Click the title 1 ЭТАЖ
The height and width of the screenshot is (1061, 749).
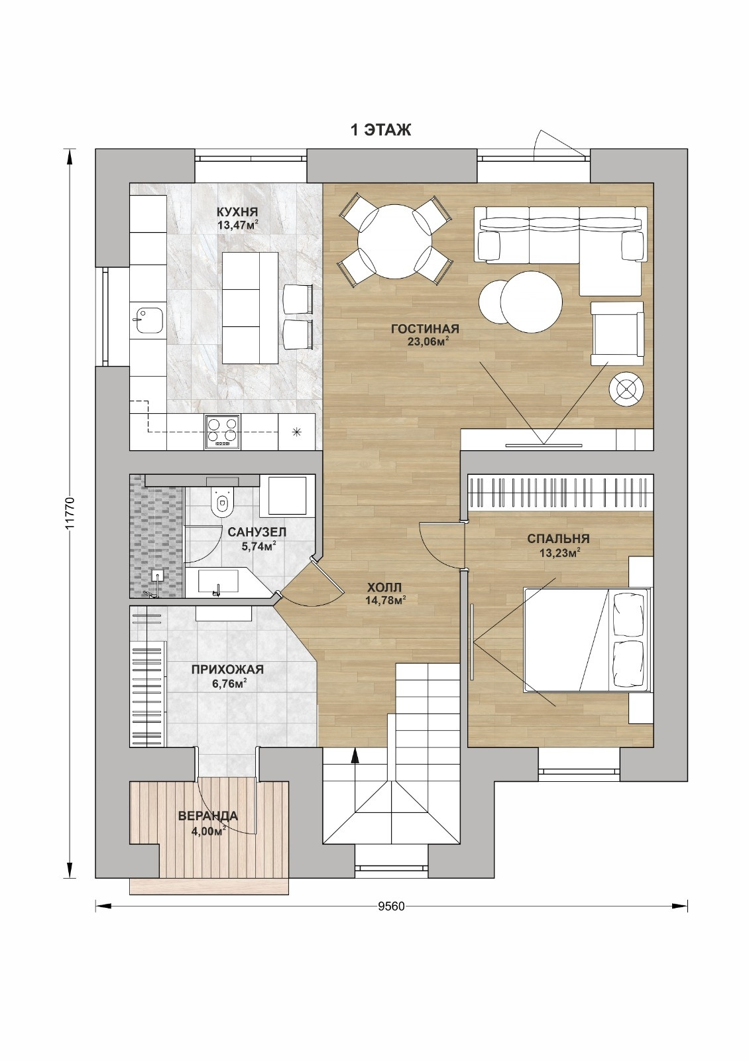click(x=380, y=130)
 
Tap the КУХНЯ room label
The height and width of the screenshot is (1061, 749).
click(x=237, y=212)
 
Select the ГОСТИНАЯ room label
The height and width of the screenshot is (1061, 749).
click(x=425, y=329)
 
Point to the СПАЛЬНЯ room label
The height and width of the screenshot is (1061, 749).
click(x=558, y=538)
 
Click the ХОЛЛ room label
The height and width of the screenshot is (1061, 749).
click(x=384, y=588)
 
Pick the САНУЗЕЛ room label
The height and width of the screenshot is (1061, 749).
click(x=257, y=532)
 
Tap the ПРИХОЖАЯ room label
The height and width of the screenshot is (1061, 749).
click(x=227, y=670)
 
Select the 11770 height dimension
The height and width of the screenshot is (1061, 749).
click(x=70, y=513)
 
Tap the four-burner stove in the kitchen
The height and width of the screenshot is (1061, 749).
click(x=223, y=432)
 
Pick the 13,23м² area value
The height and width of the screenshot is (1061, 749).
click(x=560, y=552)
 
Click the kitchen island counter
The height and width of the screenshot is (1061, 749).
click(x=250, y=308)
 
